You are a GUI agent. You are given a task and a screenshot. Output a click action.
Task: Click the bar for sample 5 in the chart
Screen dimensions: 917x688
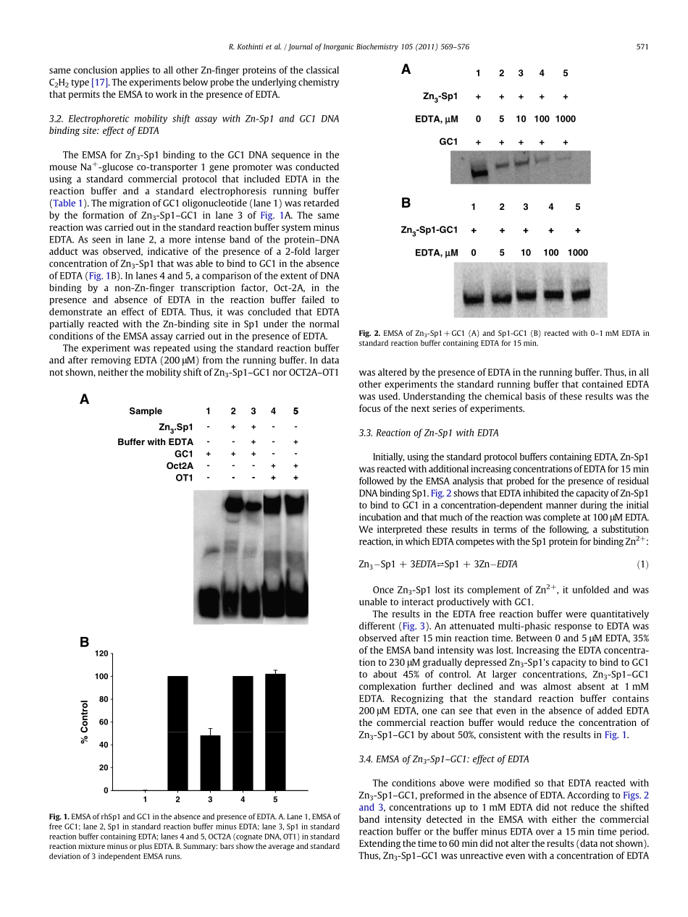(x=275, y=732)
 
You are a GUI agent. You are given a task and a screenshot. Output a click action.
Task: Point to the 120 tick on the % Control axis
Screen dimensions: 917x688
(x=101, y=654)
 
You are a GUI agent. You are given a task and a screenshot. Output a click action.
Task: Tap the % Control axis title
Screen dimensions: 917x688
(x=85, y=722)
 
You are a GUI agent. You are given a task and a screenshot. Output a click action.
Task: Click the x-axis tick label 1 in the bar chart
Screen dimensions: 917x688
(x=145, y=799)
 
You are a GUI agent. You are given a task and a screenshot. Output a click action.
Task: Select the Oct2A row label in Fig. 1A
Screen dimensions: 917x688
(x=180, y=466)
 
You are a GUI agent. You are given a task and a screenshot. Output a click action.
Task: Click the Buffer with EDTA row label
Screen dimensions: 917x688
(x=155, y=441)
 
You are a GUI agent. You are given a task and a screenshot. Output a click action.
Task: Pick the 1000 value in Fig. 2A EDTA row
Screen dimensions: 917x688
(x=566, y=119)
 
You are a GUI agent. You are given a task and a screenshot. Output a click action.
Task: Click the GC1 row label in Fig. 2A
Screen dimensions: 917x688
(x=449, y=142)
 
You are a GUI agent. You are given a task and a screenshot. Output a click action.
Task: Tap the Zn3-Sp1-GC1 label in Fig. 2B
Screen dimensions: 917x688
(x=429, y=229)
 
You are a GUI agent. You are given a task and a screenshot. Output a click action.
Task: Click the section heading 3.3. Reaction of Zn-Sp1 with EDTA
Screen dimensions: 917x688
(x=429, y=433)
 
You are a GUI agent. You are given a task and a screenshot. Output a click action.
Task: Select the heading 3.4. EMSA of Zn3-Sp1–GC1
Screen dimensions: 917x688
(x=444, y=759)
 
